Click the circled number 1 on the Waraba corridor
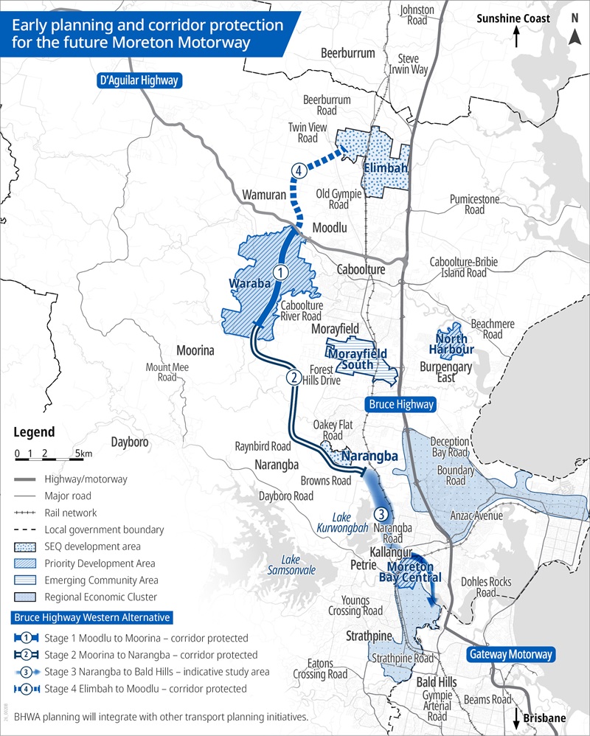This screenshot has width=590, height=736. tap(280, 272)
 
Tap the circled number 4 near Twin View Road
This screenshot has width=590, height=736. tap(298, 170)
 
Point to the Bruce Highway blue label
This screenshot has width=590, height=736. tap(401, 404)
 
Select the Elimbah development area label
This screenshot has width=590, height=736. tap(386, 167)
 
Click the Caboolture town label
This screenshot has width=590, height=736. tap(360, 270)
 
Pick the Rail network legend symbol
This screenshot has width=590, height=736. tap(26, 513)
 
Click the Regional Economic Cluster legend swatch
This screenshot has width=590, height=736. tap(26, 597)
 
